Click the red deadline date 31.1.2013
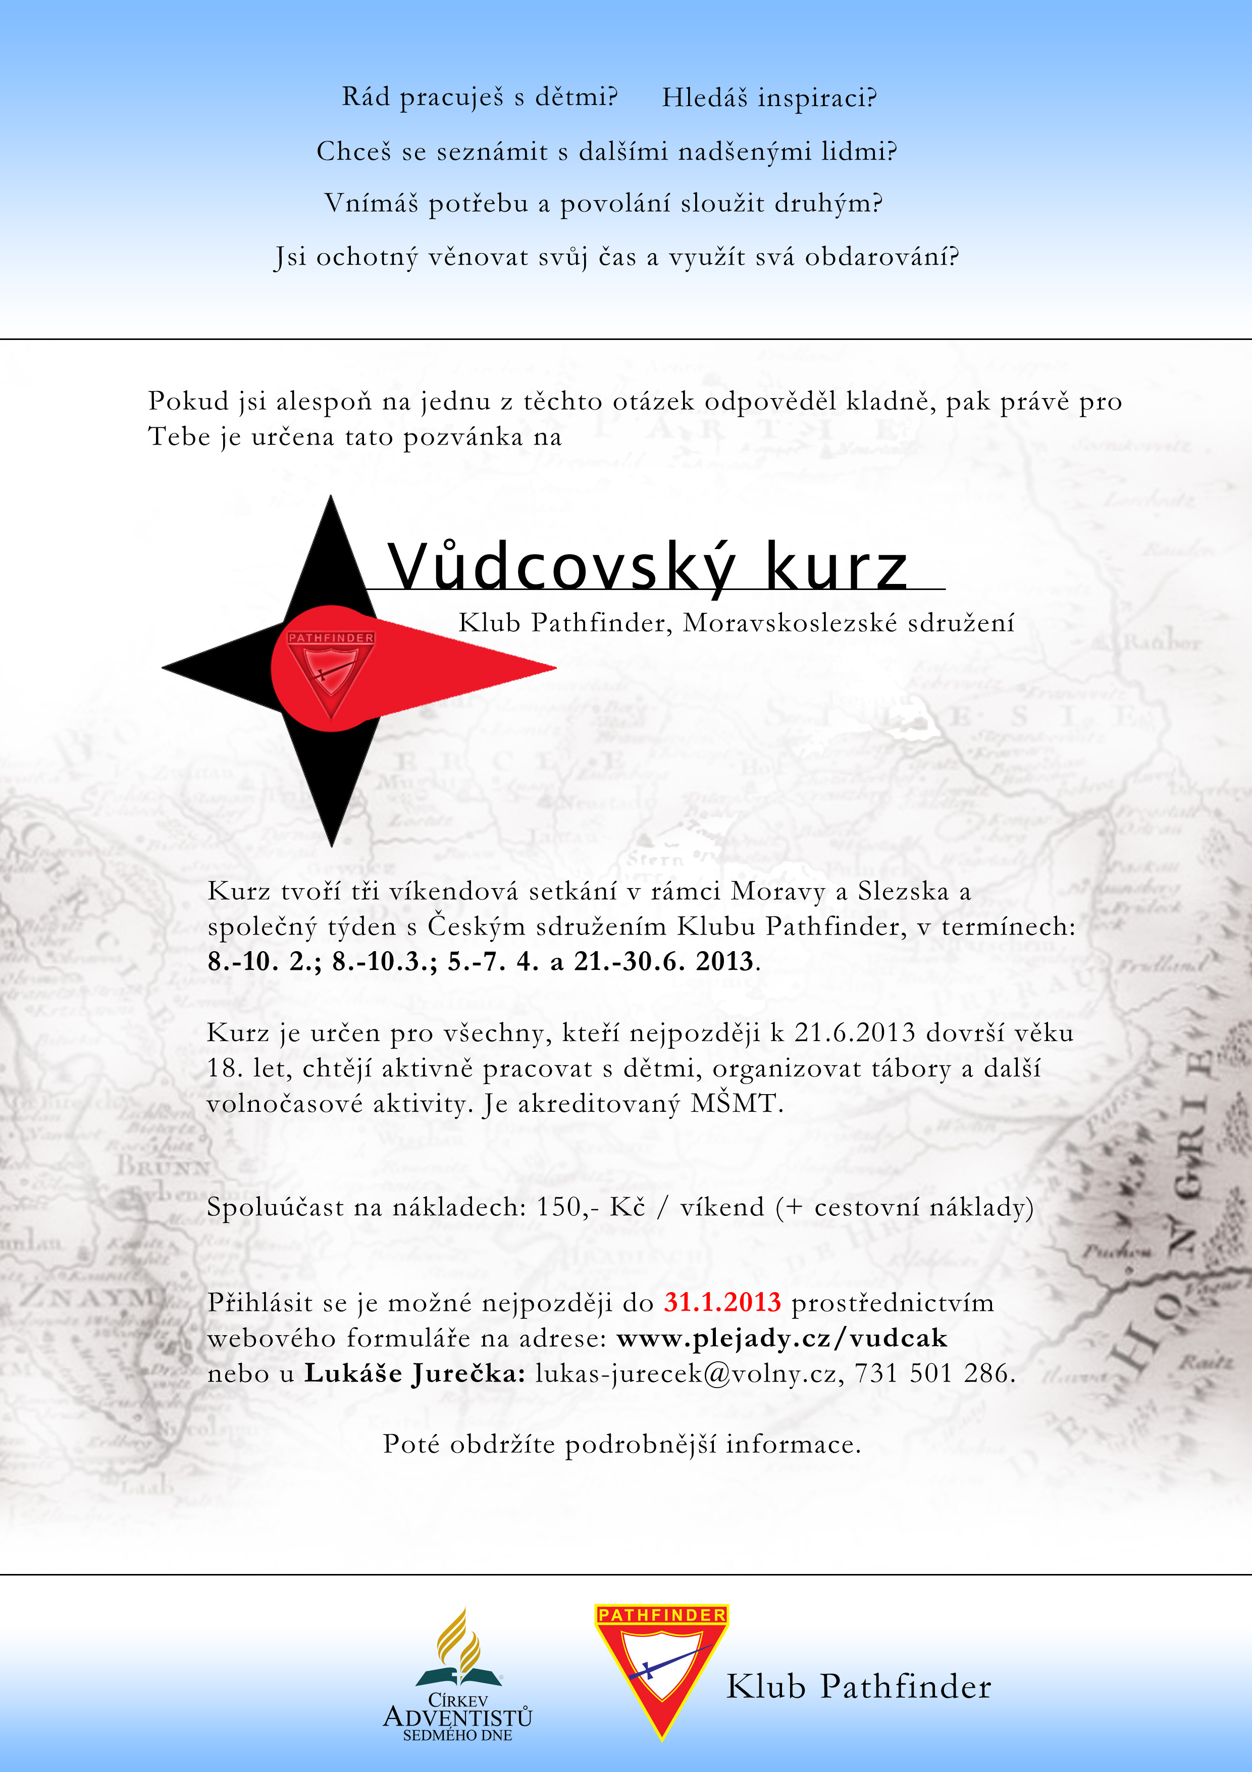(x=722, y=1302)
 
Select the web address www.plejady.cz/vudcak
(x=781, y=1338)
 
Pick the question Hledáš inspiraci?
(x=769, y=98)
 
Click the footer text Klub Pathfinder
(x=859, y=1686)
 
